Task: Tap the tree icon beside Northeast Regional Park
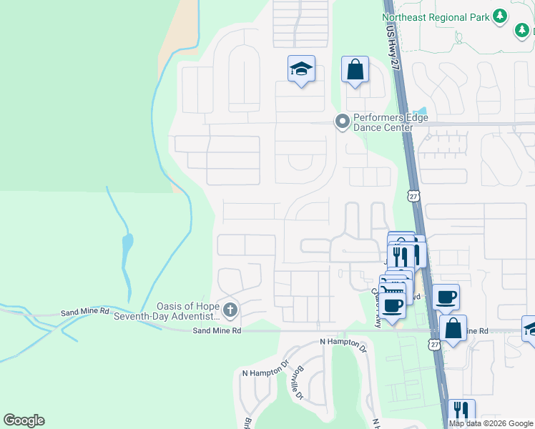pyautogui.click(x=501, y=16)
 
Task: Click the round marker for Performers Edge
pyautogui.click(x=343, y=122)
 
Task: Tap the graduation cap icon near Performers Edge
pyautogui.click(x=301, y=69)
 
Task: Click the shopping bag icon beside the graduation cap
pyautogui.click(x=355, y=70)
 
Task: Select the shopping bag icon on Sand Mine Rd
pyautogui.click(x=453, y=329)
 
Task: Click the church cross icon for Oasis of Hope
pyautogui.click(x=230, y=310)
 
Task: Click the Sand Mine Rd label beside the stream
pyautogui.click(x=84, y=312)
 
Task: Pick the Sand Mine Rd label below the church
pyautogui.click(x=217, y=331)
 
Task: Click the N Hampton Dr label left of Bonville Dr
pyautogui.click(x=265, y=373)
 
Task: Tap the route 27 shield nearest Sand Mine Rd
pyautogui.click(x=433, y=345)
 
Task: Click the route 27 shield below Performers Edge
pyautogui.click(x=414, y=195)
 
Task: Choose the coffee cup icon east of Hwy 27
pyautogui.click(x=446, y=296)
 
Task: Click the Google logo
pyautogui.click(x=24, y=420)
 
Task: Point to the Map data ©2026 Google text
pyautogui.click(x=491, y=423)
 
